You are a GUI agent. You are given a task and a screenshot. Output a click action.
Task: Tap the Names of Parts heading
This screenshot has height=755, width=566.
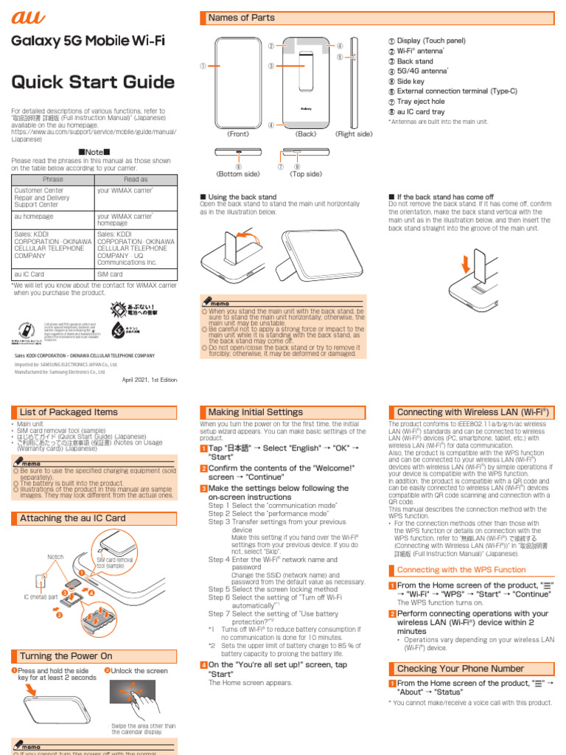click(x=242, y=18)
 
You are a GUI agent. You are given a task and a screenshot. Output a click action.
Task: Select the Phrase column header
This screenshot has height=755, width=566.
click(x=53, y=179)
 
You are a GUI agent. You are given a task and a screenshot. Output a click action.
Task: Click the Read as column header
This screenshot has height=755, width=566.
click(x=136, y=179)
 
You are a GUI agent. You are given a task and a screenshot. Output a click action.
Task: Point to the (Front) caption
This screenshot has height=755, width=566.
click(x=238, y=134)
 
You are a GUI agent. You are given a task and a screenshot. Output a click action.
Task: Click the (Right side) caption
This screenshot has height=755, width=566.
click(x=354, y=134)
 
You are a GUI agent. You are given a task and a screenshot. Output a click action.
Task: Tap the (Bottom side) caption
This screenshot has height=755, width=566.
click(x=237, y=175)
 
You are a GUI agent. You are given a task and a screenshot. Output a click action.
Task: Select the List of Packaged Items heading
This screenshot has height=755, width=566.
click(x=69, y=412)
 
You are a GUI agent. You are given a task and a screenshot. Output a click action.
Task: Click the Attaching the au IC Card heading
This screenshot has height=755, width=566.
click(x=72, y=518)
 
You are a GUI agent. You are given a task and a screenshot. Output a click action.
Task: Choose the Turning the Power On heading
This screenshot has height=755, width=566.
click(x=66, y=655)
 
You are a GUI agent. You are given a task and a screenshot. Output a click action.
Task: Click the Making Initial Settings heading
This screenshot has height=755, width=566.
click(x=255, y=412)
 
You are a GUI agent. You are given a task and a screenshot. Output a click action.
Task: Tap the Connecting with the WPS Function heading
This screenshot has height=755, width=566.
click(x=461, y=570)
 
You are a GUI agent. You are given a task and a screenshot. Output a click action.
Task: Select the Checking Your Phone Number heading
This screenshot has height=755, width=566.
click(x=461, y=669)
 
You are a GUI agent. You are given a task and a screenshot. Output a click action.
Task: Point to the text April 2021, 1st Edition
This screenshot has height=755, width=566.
click(x=150, y=379)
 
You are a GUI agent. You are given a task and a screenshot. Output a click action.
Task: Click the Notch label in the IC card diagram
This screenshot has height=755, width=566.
click(x=55, y=557)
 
